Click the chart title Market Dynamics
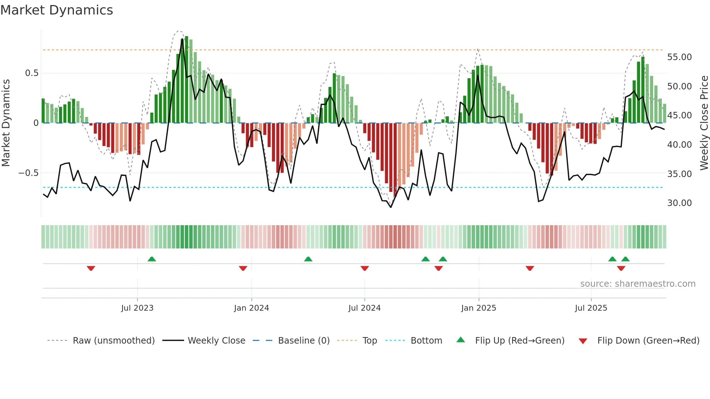click(x=57, y=10)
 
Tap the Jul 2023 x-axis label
click(x=137, y=308)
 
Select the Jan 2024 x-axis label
click(x=251, y=308)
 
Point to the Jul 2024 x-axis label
click(x=364, y=308)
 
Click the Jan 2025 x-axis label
click(x=479, y=308)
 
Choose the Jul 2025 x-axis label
click(x=591, y=308)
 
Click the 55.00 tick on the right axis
click(x=679, y=57)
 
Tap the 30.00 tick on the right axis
click(x=679, y=203)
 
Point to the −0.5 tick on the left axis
click(x=28, y=173)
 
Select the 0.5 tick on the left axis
click(x=32, y=73)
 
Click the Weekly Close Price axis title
click(x=704, y=123)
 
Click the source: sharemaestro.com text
click(x=638, y=284)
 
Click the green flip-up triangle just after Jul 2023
click(x=152, y=259)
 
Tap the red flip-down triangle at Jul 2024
click(x=365, y=268)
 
